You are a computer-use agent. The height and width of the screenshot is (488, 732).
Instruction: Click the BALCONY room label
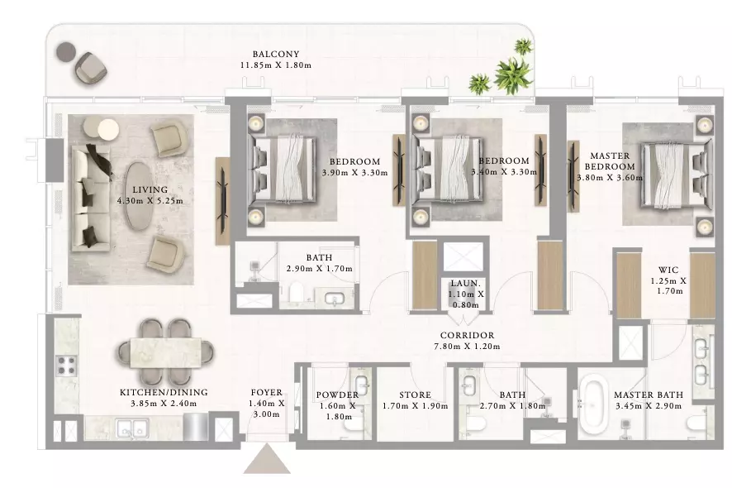tap(275, 55)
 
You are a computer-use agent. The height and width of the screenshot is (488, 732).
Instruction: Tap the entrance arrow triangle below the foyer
tap(267, 459)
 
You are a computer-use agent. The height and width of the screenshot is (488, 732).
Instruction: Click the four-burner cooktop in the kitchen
tap(67, 366)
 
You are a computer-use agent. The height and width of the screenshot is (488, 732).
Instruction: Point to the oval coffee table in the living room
tap(138, 195)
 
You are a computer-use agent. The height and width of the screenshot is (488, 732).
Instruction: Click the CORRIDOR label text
tap(467, 335)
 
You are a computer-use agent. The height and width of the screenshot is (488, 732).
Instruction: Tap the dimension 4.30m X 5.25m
tap(150, 201)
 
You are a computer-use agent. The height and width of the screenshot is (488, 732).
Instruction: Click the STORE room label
tap(415, 395)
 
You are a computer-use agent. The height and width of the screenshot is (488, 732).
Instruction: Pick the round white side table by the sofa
tap(108, 130)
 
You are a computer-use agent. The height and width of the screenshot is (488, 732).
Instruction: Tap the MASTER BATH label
tap(649, 395)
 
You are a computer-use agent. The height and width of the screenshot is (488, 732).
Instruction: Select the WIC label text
tap(668, 270)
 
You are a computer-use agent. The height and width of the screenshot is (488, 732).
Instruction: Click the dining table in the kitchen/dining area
tap(166, 351)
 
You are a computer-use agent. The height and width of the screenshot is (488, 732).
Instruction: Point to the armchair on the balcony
tap(91, 69)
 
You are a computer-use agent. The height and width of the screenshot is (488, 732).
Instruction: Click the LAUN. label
tap(465, 283)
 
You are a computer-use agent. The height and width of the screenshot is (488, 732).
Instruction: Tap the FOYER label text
tap(266, 393)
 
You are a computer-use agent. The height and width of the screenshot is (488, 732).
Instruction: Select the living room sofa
tap(91, 199)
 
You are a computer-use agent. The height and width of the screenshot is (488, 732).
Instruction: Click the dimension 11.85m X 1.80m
tap(275, 65)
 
